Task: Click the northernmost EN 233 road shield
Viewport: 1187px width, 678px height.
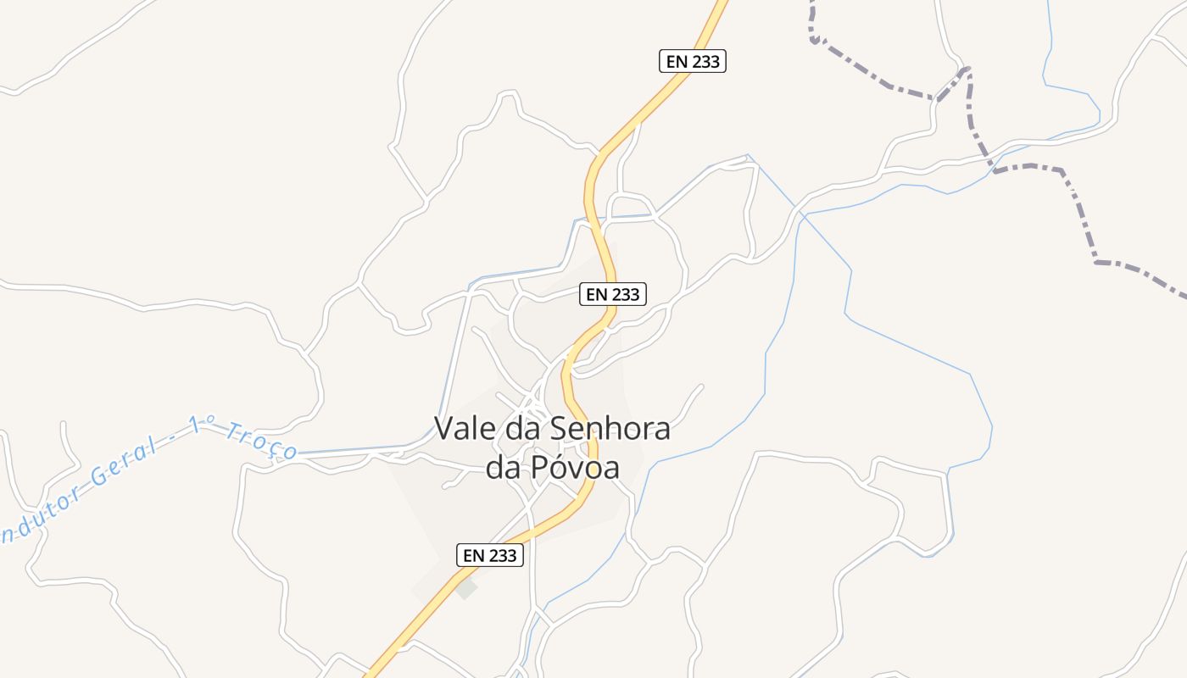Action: click(x=693, y=61)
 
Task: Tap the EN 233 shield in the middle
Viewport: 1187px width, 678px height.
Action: click(x=613, y=294)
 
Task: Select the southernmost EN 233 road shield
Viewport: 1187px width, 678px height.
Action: click(x=489, y=555)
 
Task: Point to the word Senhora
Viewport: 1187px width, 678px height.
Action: click(x=610, y=429)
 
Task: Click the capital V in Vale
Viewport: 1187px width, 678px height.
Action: click(x=443, y=429)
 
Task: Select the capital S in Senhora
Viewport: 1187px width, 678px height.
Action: click(x=560, y=429)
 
